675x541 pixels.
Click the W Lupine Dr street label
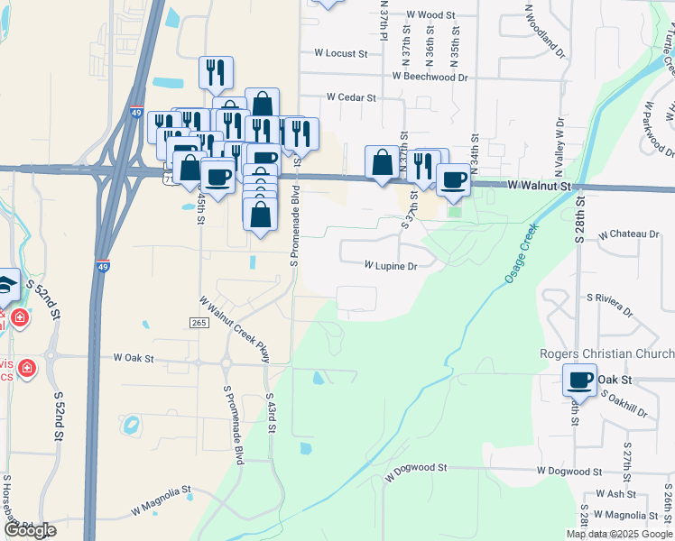click(x=391, y=266)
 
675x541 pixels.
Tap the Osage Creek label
click(x=522, y=254)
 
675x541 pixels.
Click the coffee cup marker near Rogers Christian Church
click(x=579, y=381)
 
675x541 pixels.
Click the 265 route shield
click(x=199, y=323)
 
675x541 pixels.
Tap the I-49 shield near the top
click(x=134, y=114)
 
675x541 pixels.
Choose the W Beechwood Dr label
click(x=430, y=78)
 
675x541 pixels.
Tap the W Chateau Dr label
click(x=629, y=234)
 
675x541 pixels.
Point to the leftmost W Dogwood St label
click(x=416, y=469)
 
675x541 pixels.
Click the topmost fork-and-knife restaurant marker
click(x=216, y=71)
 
